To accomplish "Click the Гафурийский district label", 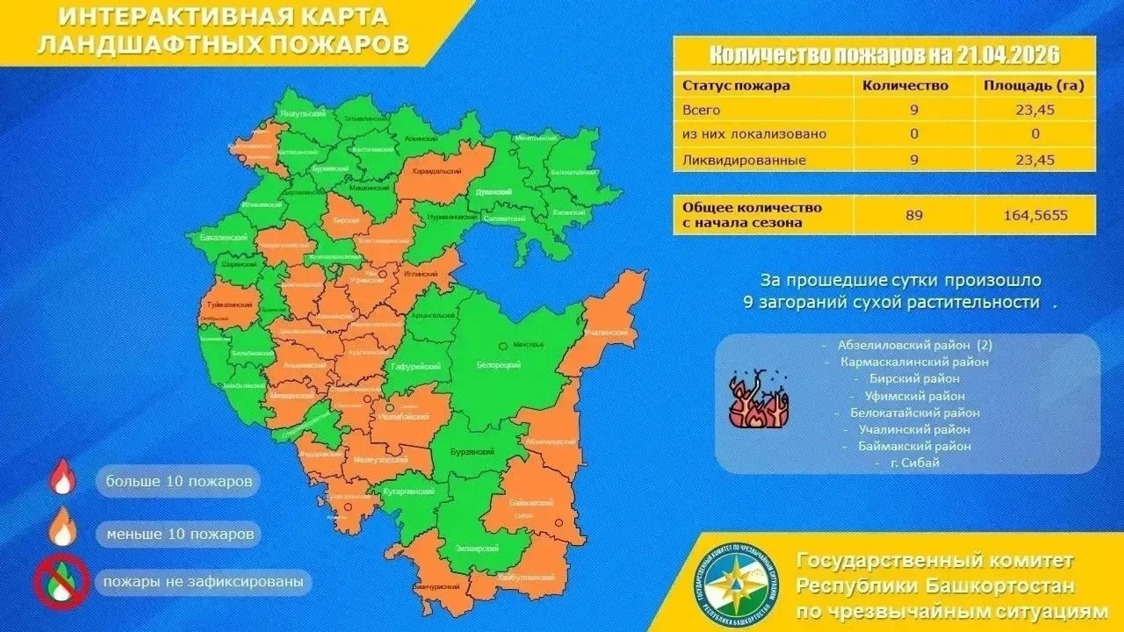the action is pyautogui.click(x=415, y=367).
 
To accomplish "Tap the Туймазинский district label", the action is pyautogui.click(x=232, y=305).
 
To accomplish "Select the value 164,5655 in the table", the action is pyautogui.click(x=1035, y=214).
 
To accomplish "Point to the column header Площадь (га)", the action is pyautogui.click(x=1035, y=86).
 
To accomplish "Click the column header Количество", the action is pyautogui.click(x=905, y=86).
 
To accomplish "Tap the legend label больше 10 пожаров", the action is pyautogui.click(x=181, y=482).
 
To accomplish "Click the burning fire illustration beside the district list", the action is pyautogui.click(x=760, y=400).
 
